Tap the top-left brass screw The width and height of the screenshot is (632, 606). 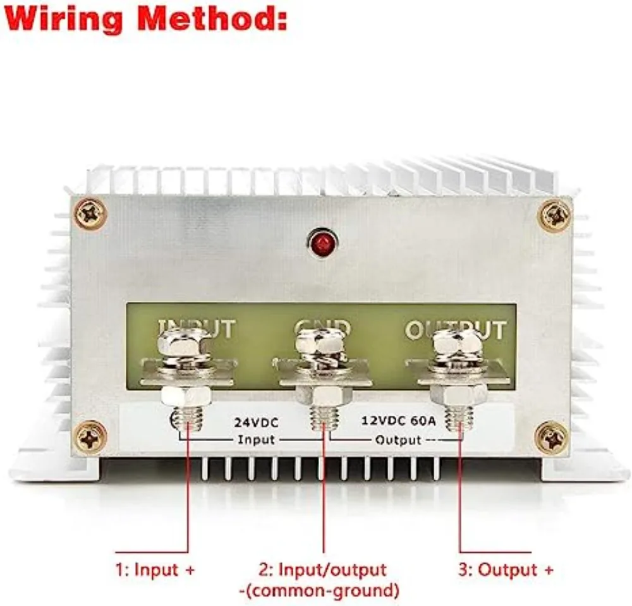click(x=91, y=214)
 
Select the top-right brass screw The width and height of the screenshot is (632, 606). click(x=554, y=215)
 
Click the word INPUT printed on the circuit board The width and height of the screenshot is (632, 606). click(x=197, y=329)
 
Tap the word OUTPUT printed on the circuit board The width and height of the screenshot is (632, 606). click(x=455, y=330)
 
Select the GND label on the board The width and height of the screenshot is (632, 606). click(x=322, y=327)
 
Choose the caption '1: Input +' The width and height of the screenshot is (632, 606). click(x=155, y=570)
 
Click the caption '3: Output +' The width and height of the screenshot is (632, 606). click(x=506, y=570)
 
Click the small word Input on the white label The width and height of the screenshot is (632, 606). click(x=256, y=439)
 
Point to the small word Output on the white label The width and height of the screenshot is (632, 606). click(x=398, y=439)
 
